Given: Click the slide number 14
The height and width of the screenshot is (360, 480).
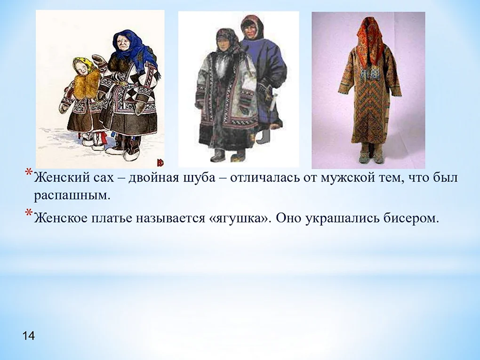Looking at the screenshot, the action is [28, 336].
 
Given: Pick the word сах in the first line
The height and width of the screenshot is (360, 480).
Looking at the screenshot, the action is [102, 178].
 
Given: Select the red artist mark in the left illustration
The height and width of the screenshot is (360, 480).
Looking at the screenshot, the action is [160, 162].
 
